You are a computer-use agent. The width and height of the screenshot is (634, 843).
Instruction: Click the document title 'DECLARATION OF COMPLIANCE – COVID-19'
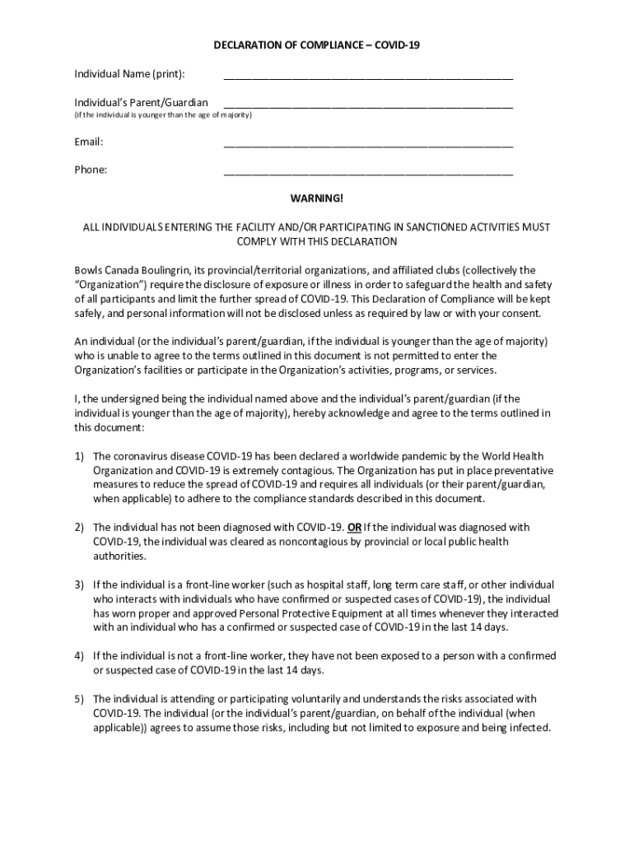pyautogui.click(x=317, y=46)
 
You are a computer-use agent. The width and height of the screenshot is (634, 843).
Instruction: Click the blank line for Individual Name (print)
pyautogui.click(x=368, y=78)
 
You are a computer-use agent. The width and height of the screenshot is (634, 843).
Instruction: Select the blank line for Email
pyautogui.click(x=368, y=146)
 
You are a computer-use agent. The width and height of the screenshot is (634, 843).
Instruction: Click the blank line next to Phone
pyautogui.click(x=368, y=174)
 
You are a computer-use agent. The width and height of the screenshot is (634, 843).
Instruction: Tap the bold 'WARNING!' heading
pyautogui.click(x=317, y=198)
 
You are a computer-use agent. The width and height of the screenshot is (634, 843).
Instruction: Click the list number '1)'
pyautogui.click(x=80, y=456)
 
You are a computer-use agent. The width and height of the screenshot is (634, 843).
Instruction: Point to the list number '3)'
pyautogui.click(x=80, y=585)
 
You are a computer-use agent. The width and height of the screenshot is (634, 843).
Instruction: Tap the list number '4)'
pyautogui.click(x=80, y=656)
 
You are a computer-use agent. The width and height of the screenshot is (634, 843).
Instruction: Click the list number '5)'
pyautogui.click(x=80, y=699)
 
